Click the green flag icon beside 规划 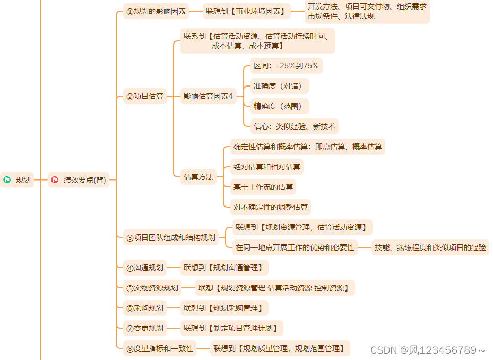pos(7,180)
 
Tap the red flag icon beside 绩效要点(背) pos(55,180)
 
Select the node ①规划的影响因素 pos(156,11)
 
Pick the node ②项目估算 pos(145,97)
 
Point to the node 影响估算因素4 pos(208,96)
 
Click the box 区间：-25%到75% pos(286,66)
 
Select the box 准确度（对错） pos(279,86)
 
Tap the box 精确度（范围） pos(279,106)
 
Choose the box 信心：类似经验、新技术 pos(294,126)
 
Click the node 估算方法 pos(198,177)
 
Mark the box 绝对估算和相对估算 pos(266,167)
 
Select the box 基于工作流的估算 pos(263,187)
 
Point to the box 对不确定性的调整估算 pos(270,207)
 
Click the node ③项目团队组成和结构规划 pos(171,238)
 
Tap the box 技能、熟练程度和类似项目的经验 pos(430,247)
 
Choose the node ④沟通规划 pos(145,268)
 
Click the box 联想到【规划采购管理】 pos(223,308)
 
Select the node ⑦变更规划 pos(145,328)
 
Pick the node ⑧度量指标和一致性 pos(159,349)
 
